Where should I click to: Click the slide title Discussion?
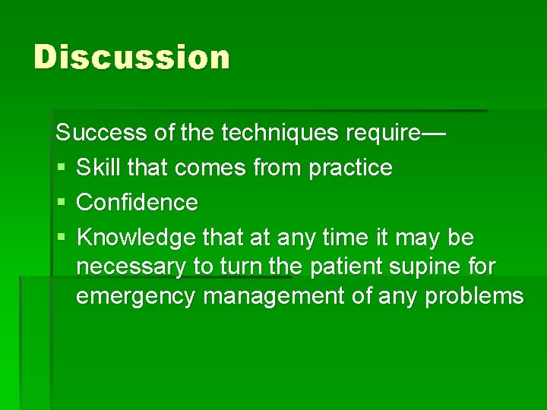pos(131,58)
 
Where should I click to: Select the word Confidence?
pos(138,203)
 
